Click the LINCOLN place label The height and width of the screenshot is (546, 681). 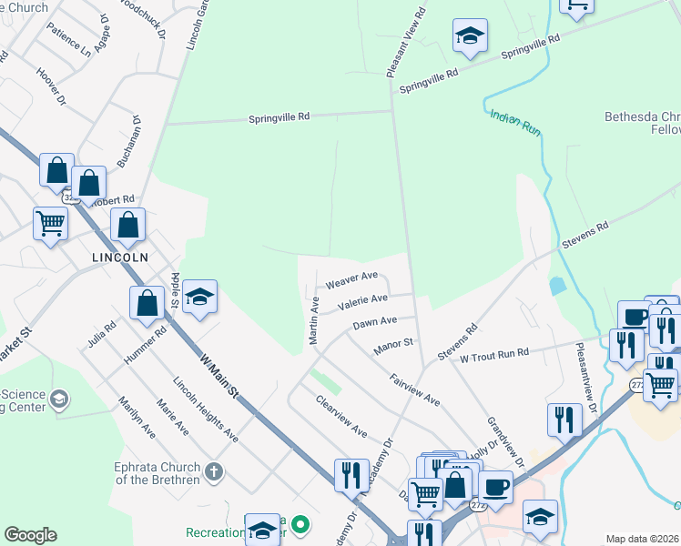point(119,258)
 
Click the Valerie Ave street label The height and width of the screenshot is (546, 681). point(362,299)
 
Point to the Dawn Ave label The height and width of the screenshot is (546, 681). point(375,322)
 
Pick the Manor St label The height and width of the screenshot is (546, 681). point(394,346)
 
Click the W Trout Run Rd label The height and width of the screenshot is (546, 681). point(494,353)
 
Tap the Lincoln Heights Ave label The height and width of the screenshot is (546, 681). point(206,410)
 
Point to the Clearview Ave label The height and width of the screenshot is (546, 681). point(340,416)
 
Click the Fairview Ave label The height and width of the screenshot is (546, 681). point(414,389)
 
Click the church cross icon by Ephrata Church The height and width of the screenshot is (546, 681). point(213,471)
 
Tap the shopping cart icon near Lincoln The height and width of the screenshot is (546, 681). point(50,221)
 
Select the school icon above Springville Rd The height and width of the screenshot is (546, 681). point(470,35)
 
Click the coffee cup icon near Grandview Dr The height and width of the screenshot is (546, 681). point(496,486)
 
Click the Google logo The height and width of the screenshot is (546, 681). point(30,535)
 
